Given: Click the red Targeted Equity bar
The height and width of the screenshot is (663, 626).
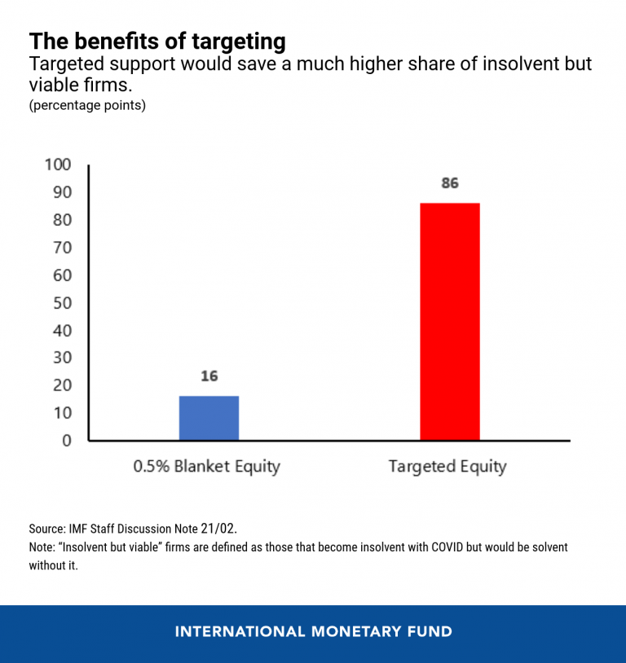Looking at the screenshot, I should [449, 321].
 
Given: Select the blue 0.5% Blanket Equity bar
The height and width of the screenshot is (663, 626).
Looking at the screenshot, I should [209, 418].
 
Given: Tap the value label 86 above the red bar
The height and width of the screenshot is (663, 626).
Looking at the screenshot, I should [450, 183].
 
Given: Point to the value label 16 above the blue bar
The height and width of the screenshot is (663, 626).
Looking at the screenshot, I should [209, 376].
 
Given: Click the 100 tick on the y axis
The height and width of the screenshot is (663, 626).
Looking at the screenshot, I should [57, 165].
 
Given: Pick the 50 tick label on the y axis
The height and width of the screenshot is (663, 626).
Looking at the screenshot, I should [61, 303].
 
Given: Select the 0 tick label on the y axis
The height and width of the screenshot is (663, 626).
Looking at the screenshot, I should [67, 441].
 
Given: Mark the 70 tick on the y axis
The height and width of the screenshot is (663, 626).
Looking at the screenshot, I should [61, 248].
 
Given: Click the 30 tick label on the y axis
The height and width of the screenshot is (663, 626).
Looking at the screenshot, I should [61, 358].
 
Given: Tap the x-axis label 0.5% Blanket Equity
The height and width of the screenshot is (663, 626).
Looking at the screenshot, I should [206, 467].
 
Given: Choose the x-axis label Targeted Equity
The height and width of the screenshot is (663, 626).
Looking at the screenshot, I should [447, 467].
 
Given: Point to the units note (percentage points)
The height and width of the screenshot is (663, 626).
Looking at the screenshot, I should [87, 106].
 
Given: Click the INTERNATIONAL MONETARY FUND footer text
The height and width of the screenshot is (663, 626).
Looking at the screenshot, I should [313, 632].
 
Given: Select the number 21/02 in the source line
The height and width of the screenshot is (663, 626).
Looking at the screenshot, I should [218, 528].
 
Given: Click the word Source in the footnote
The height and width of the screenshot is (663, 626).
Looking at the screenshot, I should [46, 529].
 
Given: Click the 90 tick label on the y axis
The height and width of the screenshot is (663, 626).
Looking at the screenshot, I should [61, 192].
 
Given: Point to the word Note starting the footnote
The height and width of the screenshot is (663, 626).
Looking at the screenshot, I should [42, 547].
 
